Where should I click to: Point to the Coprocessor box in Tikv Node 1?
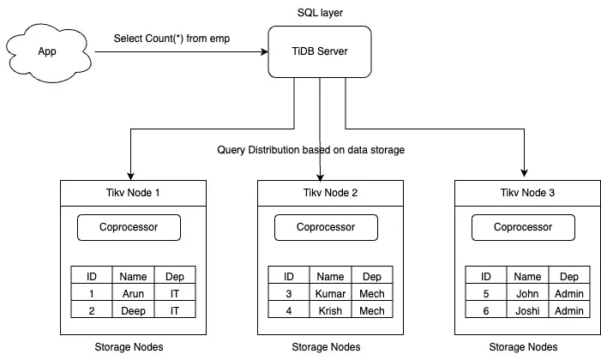click(129, 228)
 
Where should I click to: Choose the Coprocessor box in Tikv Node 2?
click(326, 228)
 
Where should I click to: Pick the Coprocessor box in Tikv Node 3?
click(523, 228)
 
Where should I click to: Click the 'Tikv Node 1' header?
click(129, 193)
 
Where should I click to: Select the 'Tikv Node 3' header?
click(523, 193)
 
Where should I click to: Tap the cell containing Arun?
click(133, 293)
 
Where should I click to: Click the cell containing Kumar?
click(330, 293)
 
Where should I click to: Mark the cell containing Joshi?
click(527, 310)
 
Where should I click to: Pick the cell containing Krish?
click(330, 310)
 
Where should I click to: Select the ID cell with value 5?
click(485, 293)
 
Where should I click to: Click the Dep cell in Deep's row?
click(175, 310)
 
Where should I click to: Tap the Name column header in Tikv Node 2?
click(330, 276)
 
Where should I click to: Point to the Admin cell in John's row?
click(569, 293)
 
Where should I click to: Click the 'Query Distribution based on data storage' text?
click(312, 151)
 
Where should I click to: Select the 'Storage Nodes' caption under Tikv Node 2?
click(326, 347)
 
